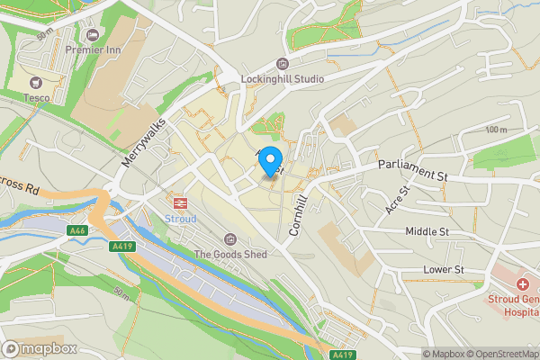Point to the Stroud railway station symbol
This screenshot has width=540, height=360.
coord(178,202)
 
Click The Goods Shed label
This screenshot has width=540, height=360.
coord(230,255)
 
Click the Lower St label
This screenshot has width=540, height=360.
coord(443,269)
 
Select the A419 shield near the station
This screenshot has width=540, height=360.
coord(121,246)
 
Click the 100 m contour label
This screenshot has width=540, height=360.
coord(496,130)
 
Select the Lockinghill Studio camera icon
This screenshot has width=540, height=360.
coord(283,63)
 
